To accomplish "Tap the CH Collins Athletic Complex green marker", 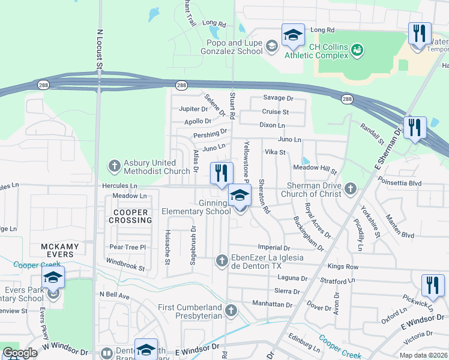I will pos(357,49).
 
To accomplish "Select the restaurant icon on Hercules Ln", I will pos(221,173).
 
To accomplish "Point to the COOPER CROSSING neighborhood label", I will pos(130,217).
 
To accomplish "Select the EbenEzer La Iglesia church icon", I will pos(221,260).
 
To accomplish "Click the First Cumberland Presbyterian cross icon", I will pos(231,310).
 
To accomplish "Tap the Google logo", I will pos(20,353).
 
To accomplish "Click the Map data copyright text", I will pos(423,355).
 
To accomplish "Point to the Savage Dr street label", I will pos(279,98).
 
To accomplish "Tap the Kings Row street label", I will pos(343,266).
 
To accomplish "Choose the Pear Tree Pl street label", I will pos(127,247).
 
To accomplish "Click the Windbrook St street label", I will pos(125,264).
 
